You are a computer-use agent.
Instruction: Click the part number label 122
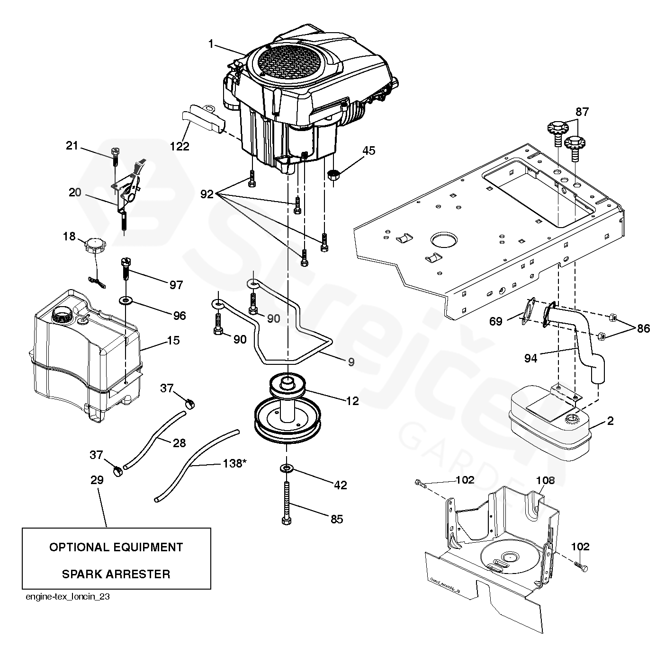click(180, 146)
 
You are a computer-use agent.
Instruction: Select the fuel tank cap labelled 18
click(93, 246)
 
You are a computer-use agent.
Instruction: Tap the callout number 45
click(368, 151)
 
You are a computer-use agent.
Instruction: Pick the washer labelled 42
click(287, 468)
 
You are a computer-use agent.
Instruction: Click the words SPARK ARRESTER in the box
click(116, 574)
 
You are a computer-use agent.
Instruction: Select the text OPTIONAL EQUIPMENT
click(116, 547)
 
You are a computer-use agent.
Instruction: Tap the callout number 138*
click(235, 464)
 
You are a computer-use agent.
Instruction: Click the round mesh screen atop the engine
click(290, 64)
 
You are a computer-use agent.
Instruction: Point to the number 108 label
click(545, 481)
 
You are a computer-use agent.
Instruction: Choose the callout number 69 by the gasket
click(495, 322)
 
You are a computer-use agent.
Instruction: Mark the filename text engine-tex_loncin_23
click(68, 597)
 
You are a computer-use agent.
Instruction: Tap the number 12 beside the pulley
click(352, 401)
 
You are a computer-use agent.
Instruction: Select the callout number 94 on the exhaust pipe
click(530, 358)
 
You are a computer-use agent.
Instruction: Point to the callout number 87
click(582, 112)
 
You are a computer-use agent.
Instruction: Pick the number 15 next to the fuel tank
click(173, 340)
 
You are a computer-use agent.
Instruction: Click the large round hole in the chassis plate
click(444, 239)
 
